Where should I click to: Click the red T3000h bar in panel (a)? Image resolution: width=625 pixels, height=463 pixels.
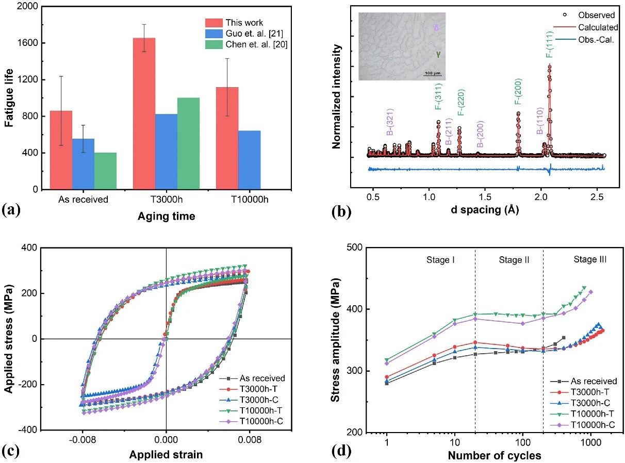point(144,113)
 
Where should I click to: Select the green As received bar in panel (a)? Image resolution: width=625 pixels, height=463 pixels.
point(105,171)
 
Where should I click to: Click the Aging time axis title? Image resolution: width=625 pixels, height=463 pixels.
point(166,217)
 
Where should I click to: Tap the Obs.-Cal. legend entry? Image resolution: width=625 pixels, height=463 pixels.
point(584,39)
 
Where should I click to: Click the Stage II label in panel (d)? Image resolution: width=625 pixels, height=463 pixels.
point(514,260)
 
